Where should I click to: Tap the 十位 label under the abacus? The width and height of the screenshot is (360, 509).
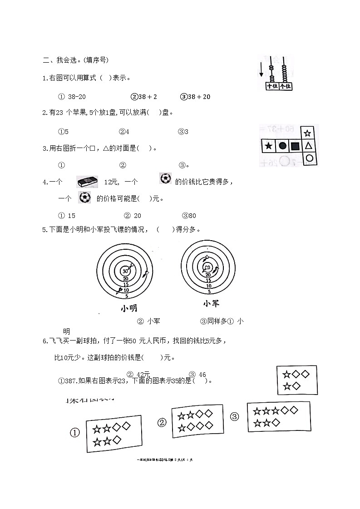click(x=272, y=86)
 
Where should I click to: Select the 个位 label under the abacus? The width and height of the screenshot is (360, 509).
click(x=285, y=86)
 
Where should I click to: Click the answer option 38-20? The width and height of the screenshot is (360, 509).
click(x=73, y=97)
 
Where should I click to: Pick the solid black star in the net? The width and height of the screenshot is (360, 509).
click(x=269, y=146)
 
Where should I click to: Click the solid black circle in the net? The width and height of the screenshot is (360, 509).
click(x=282, y=146)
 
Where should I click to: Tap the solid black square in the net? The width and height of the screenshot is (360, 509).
click(x=295, y=146)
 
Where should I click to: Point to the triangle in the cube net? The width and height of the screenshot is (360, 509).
click(x=308, y=146)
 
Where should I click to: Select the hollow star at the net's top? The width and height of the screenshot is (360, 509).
click(x=308, y=133)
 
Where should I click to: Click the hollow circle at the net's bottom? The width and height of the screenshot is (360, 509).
click(x=309, y=158)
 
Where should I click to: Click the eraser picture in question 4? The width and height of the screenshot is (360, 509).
click(x=88, y=182)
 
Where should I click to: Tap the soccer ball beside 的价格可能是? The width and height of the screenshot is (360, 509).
click(x=84, y=198)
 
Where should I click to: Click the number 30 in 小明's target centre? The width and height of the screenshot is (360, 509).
click(x=125, y=271)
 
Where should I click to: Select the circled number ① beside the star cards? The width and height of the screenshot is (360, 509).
click(x=75, y=433)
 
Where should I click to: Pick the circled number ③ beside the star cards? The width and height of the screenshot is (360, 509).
click(x=234, y=417)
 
